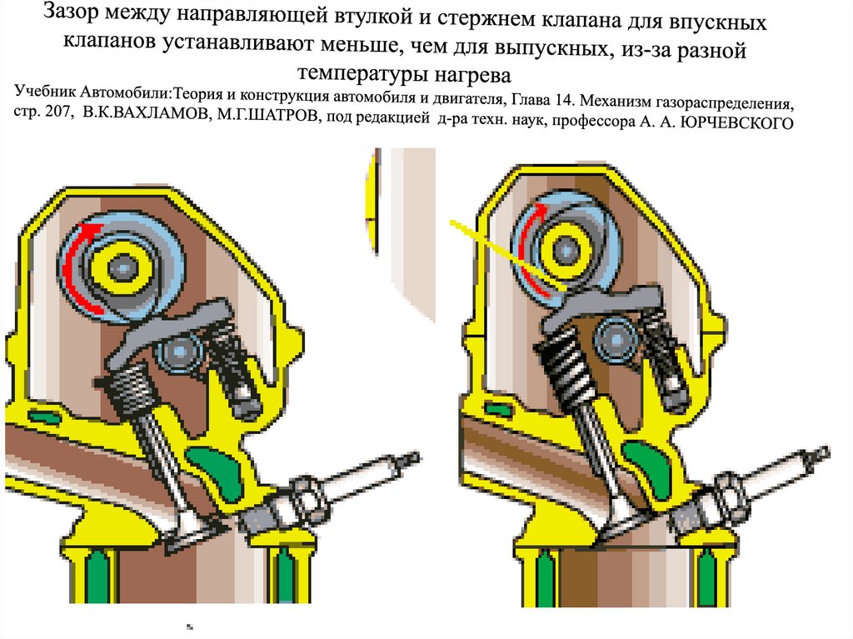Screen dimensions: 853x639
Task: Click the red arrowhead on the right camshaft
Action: pos(539,210)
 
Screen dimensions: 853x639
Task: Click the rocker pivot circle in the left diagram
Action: pos(179,352)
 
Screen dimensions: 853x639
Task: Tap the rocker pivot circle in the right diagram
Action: pos(616,340)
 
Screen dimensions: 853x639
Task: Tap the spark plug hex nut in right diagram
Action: pos(729,488)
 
